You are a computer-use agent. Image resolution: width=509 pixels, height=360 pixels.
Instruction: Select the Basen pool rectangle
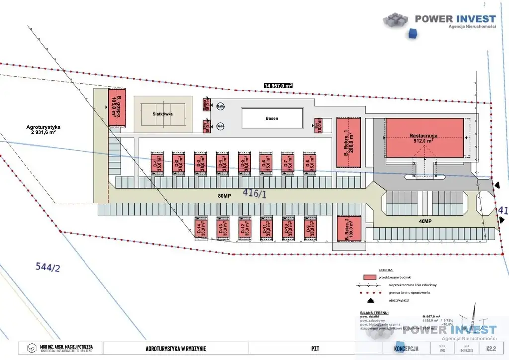point(272,118)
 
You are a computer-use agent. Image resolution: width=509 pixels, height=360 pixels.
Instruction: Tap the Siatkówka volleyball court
point(163,113)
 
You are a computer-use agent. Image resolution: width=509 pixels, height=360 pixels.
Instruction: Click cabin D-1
point(158,163)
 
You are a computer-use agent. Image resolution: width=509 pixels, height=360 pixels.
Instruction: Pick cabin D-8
point(310,163)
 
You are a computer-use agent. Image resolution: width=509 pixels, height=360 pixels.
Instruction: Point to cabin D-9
point(311,229)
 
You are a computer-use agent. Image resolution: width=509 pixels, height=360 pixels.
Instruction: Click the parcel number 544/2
point(48,267)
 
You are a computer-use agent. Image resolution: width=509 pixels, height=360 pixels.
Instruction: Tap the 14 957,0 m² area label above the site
point(278,85)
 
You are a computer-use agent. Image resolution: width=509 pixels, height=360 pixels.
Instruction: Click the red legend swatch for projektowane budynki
point(368,276)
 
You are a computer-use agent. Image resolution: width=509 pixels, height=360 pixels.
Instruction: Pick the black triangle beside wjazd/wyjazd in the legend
point(369,301)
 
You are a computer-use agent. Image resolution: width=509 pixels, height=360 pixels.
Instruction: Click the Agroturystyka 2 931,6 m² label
point(44,129)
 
